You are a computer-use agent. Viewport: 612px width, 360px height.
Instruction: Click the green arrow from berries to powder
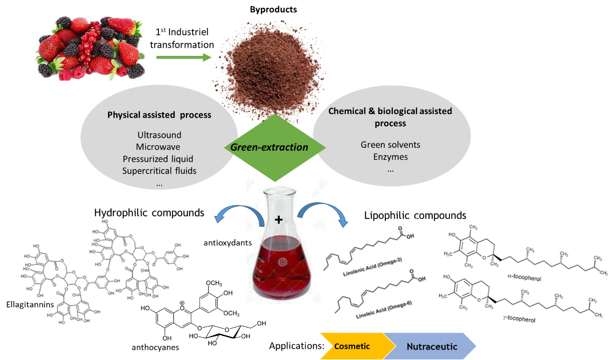183,58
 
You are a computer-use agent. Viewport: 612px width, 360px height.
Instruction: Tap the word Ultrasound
159,135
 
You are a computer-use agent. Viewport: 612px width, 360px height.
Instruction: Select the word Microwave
158,147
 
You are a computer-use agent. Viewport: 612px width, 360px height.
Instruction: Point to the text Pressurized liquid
158,159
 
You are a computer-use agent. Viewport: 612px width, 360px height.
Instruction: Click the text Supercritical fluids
159,171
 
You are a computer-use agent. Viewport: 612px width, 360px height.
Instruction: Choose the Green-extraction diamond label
269,147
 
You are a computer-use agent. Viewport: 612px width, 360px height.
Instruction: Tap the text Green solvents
390,145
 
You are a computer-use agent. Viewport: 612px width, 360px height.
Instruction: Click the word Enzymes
390,157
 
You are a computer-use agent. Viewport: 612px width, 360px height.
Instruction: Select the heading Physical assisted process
159,115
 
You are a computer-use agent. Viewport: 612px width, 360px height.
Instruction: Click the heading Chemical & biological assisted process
390,117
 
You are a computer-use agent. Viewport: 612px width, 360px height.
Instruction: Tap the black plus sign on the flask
278,220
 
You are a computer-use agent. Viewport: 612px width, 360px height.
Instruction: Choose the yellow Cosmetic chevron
352,346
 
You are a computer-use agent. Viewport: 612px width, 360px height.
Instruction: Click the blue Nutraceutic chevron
432,347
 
